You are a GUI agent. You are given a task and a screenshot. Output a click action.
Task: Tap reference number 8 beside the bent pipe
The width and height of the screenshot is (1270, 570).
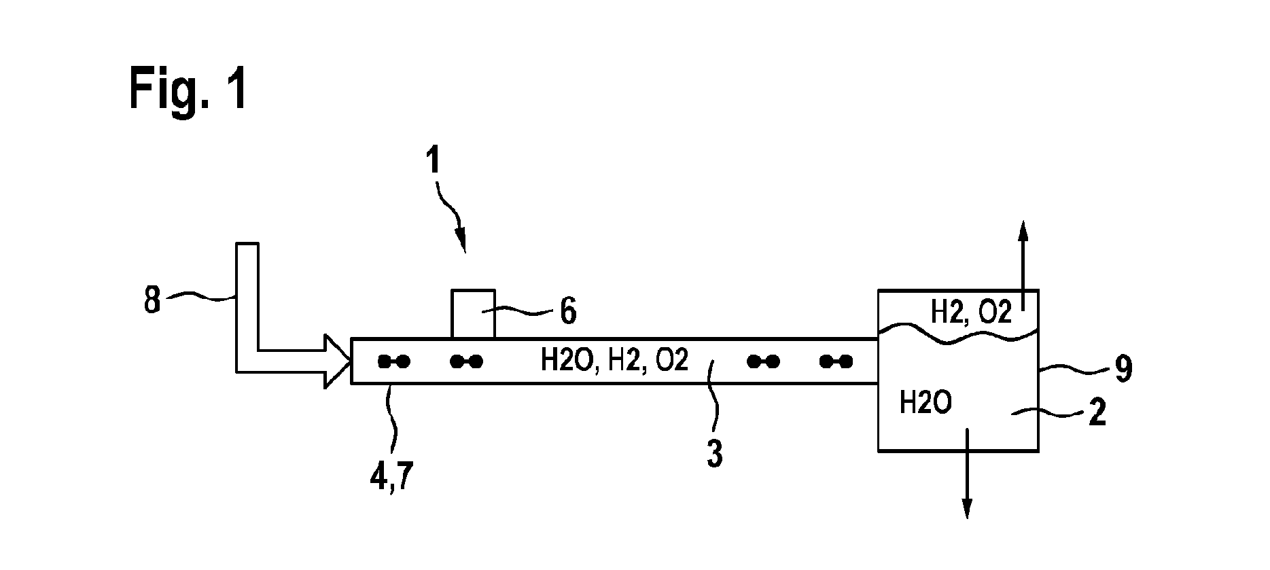click(152, 300)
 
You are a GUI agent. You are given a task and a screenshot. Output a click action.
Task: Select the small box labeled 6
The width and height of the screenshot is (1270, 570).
click(473, 314)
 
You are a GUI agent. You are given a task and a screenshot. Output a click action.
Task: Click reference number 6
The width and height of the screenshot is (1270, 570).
click(567, 312)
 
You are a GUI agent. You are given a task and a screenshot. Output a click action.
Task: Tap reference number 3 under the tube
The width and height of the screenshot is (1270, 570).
click(714, 454)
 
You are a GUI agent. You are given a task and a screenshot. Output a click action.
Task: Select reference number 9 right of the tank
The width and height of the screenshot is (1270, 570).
click(1123, 369)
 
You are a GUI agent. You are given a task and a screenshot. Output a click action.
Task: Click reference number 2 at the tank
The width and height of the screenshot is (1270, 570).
click(1097, 412)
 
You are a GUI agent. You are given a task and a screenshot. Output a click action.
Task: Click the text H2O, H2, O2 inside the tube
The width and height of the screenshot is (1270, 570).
click(614, 361)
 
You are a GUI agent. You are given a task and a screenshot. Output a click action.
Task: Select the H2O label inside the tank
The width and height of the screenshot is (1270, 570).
click(925, 403)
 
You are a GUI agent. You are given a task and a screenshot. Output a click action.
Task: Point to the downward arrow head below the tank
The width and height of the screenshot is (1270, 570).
click(967, 507)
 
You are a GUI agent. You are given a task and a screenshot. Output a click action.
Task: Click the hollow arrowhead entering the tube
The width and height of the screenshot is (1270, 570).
click(337, 361)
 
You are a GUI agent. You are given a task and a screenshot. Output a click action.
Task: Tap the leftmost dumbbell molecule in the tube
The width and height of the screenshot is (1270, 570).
click(394, 361)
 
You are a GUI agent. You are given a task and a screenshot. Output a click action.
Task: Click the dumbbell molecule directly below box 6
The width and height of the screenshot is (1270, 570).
click(467, 361)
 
